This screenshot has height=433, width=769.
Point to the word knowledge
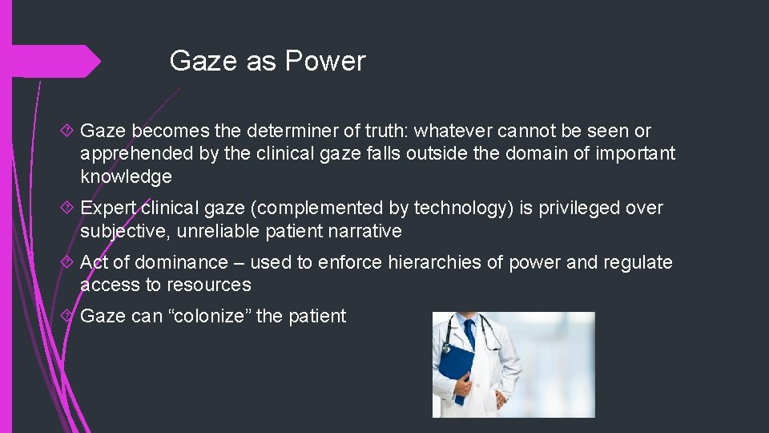click(x=126, y=176)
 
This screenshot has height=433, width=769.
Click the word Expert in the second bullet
click(x=109, y=208)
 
